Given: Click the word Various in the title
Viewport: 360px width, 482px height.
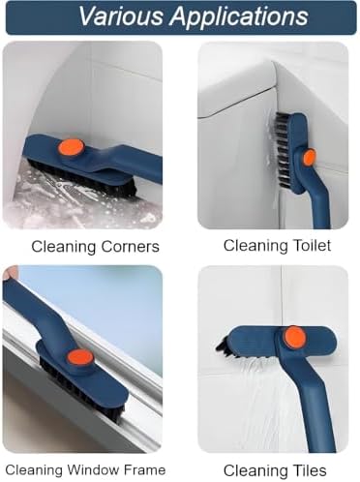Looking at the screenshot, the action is point(121,15).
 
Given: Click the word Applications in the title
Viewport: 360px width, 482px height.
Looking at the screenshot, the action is point(239,17).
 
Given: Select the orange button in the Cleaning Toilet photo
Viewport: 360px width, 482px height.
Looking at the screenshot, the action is point(309,157).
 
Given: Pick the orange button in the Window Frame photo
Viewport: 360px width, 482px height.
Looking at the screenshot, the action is point(80,359).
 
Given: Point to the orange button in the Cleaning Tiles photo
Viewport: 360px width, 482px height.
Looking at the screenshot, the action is point(294,338).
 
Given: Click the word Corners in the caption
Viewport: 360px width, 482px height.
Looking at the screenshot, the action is point(131,247).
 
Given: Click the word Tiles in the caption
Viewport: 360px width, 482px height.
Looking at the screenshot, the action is point(307,470).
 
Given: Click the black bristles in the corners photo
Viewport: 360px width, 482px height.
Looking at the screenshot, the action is point(84,179).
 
